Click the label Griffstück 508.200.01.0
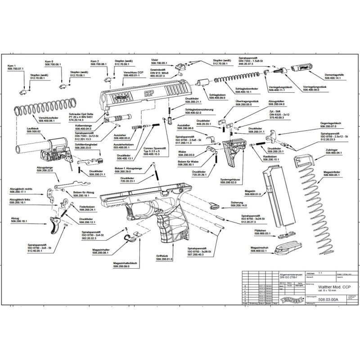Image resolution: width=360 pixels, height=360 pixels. pyautogui.click(x=165, y=258)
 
